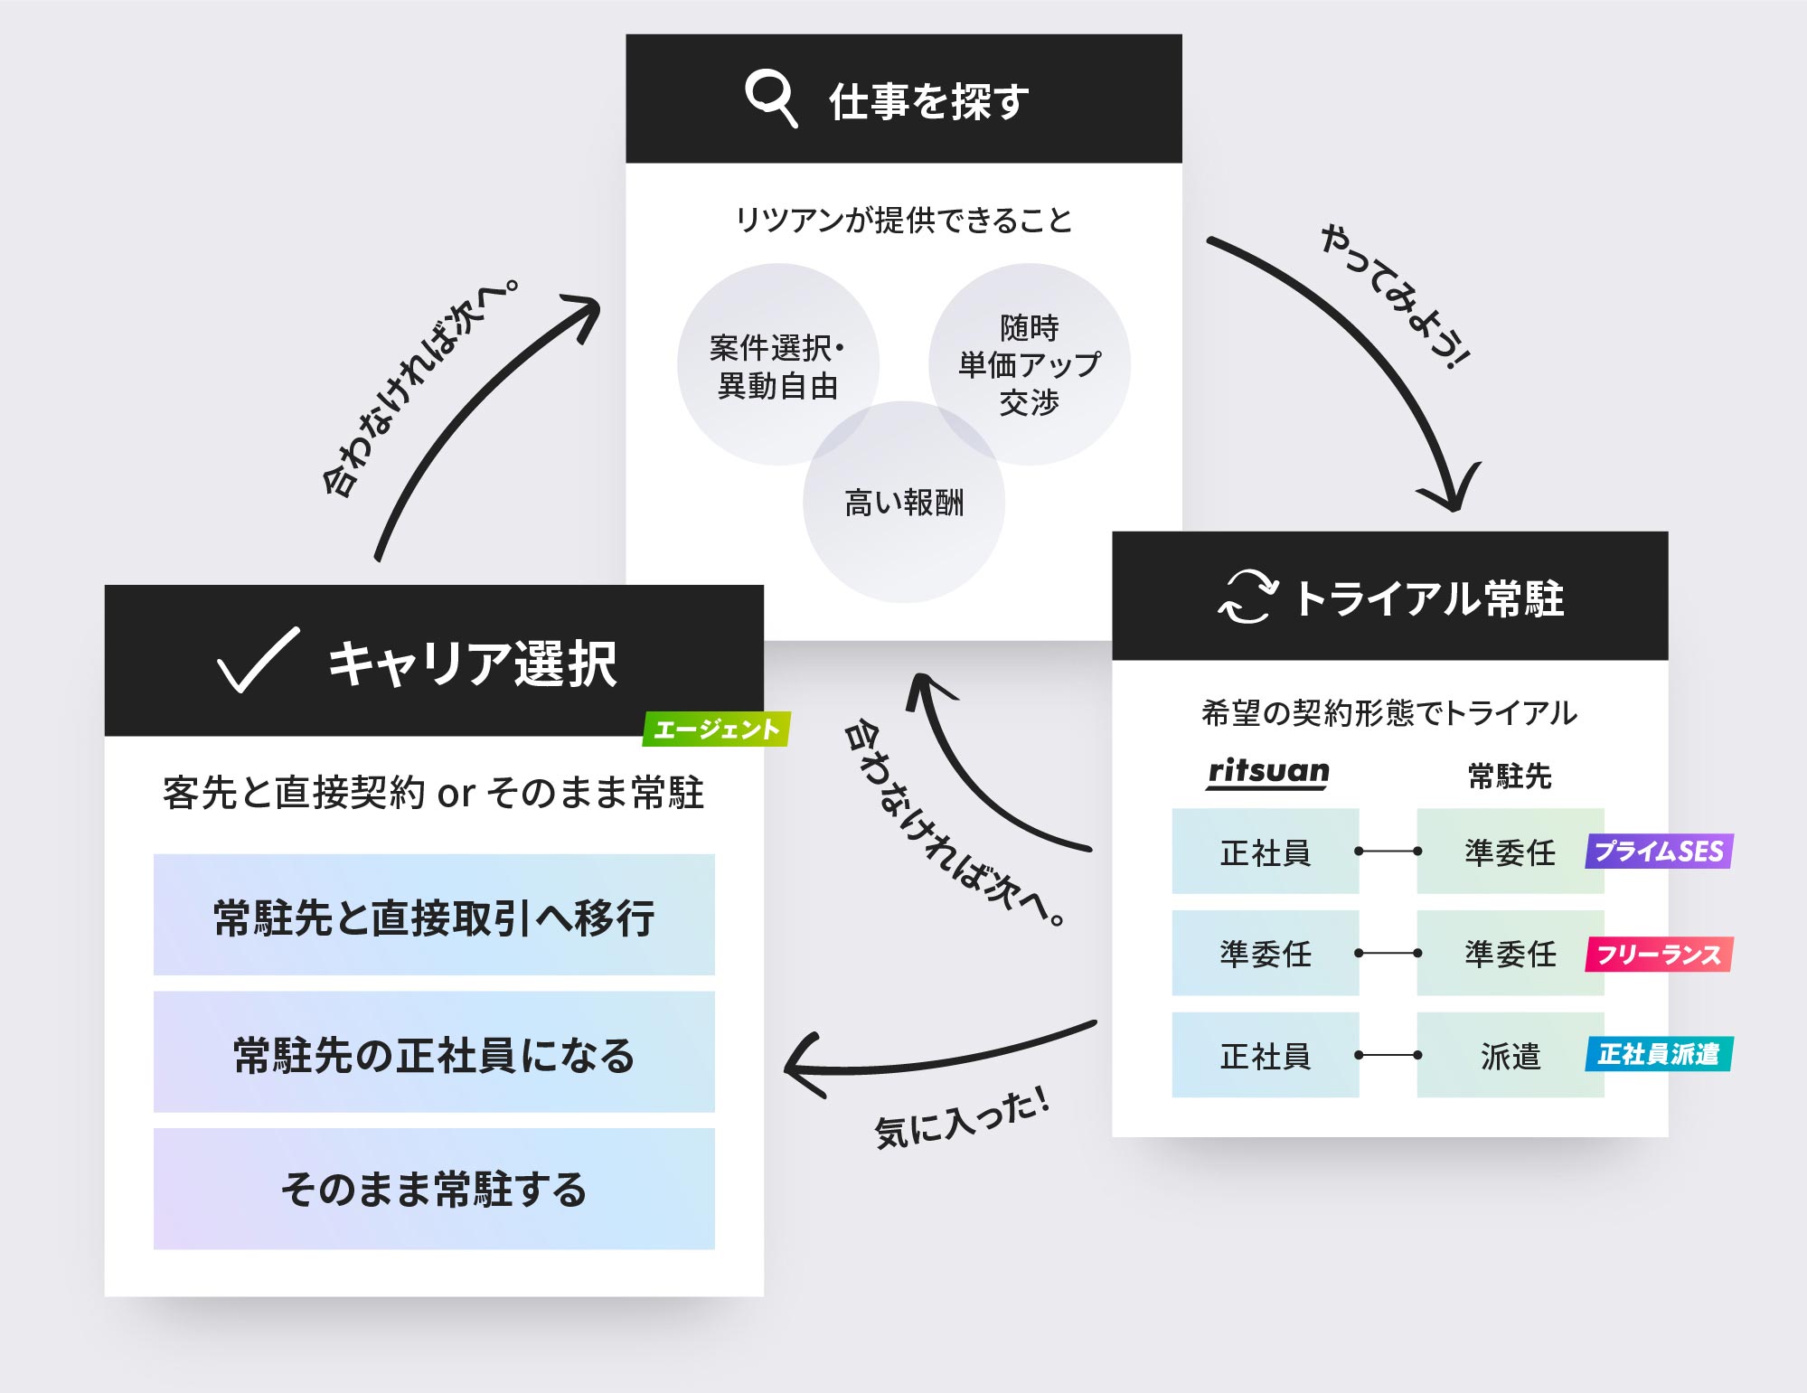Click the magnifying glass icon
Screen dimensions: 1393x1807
tap(770, 99)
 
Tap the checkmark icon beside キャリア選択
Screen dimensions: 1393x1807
tap(258, 660)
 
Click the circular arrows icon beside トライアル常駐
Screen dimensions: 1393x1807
tap(1247, 597)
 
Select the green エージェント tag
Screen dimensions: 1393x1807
tap(716, 729)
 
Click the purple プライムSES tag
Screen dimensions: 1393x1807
tap(1658, 852)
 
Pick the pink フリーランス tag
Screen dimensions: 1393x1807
tap(1658, 955)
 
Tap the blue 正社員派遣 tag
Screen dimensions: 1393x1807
tap(1658, 1054)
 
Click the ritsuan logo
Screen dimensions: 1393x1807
tap(1268, 772)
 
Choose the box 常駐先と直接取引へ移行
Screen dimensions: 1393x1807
tap(434, 915)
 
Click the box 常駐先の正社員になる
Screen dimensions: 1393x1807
tap(434, 1052)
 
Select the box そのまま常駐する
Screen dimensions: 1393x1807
tap(434, 1189)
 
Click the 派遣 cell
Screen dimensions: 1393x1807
tap(1510, 1055)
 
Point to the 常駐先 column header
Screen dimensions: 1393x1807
tap(1510, 776)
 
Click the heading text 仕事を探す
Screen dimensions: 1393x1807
tap(928, 100)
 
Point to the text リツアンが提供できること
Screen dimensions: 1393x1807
tap(904, 220)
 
